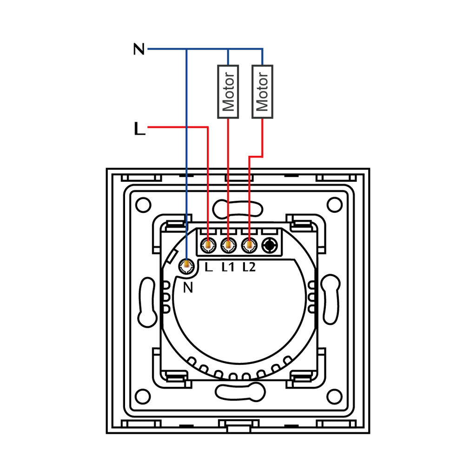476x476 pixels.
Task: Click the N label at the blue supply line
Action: coord(139,49)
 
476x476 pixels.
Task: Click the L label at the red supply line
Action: coord(139,129)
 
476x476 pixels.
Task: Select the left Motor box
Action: coord(228,91)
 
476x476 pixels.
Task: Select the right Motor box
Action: coord(262,91)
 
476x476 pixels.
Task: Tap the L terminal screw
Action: coord(208,245)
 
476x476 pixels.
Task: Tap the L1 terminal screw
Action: coord(228,245)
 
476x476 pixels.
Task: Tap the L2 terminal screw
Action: coord(249,245)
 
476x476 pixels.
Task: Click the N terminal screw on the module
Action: coord(187,265)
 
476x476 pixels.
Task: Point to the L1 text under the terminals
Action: coord(228,267)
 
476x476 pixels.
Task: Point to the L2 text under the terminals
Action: coord(249,267)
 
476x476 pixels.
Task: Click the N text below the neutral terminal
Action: coord(188,288)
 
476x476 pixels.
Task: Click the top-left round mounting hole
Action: coord(144,204)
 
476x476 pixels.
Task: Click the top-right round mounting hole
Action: coord(334,204)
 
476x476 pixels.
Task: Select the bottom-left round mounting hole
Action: coord(144,397)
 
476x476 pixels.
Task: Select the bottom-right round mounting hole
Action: coord(334,397)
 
